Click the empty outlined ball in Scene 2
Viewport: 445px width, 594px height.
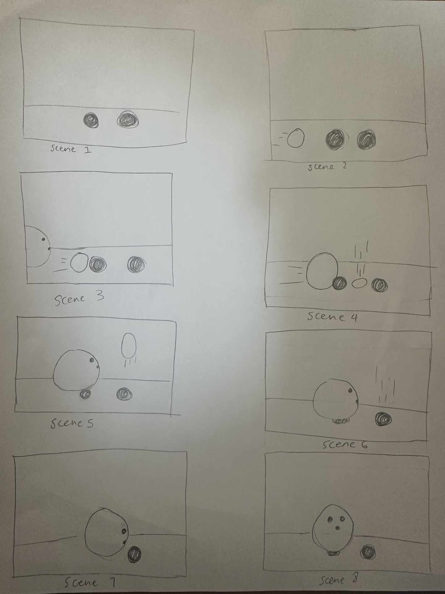[296, 138]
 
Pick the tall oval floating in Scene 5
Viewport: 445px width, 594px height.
[129, 345]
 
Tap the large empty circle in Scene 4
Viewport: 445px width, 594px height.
[321, 271]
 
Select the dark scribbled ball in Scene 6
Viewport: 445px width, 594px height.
[383, 419]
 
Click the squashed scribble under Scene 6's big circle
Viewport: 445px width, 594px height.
[341, 421]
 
